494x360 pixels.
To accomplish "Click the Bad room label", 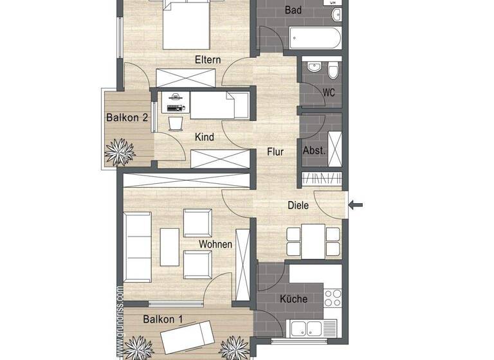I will pyautogui.click(x=293, y=10).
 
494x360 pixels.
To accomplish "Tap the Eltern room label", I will pyautogui.click(x=208, y=60).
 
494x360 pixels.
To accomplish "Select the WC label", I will pyautogui.click(x=328, y=93).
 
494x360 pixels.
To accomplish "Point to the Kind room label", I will pyautogui.click(x=204, y=137).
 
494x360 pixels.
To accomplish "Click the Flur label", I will pyautogui.click(x=275, y=152).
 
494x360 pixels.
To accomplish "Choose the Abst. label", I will pyautogui.click(x=314, y=150).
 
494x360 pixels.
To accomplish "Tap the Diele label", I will pyautogui.click(x=298, y=206).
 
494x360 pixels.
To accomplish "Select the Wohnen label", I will pyautogui.click(x=215, y=244).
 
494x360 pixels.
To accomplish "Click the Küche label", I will pyautogui.click(x=293, y=299).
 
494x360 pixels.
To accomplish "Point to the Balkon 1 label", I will pyautogui.click(x=163, y=319).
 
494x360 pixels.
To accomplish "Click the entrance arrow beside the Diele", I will pyautogui.click(x=356, y=206).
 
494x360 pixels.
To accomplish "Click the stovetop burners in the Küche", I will pyautogui.click(x=333, y=298).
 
